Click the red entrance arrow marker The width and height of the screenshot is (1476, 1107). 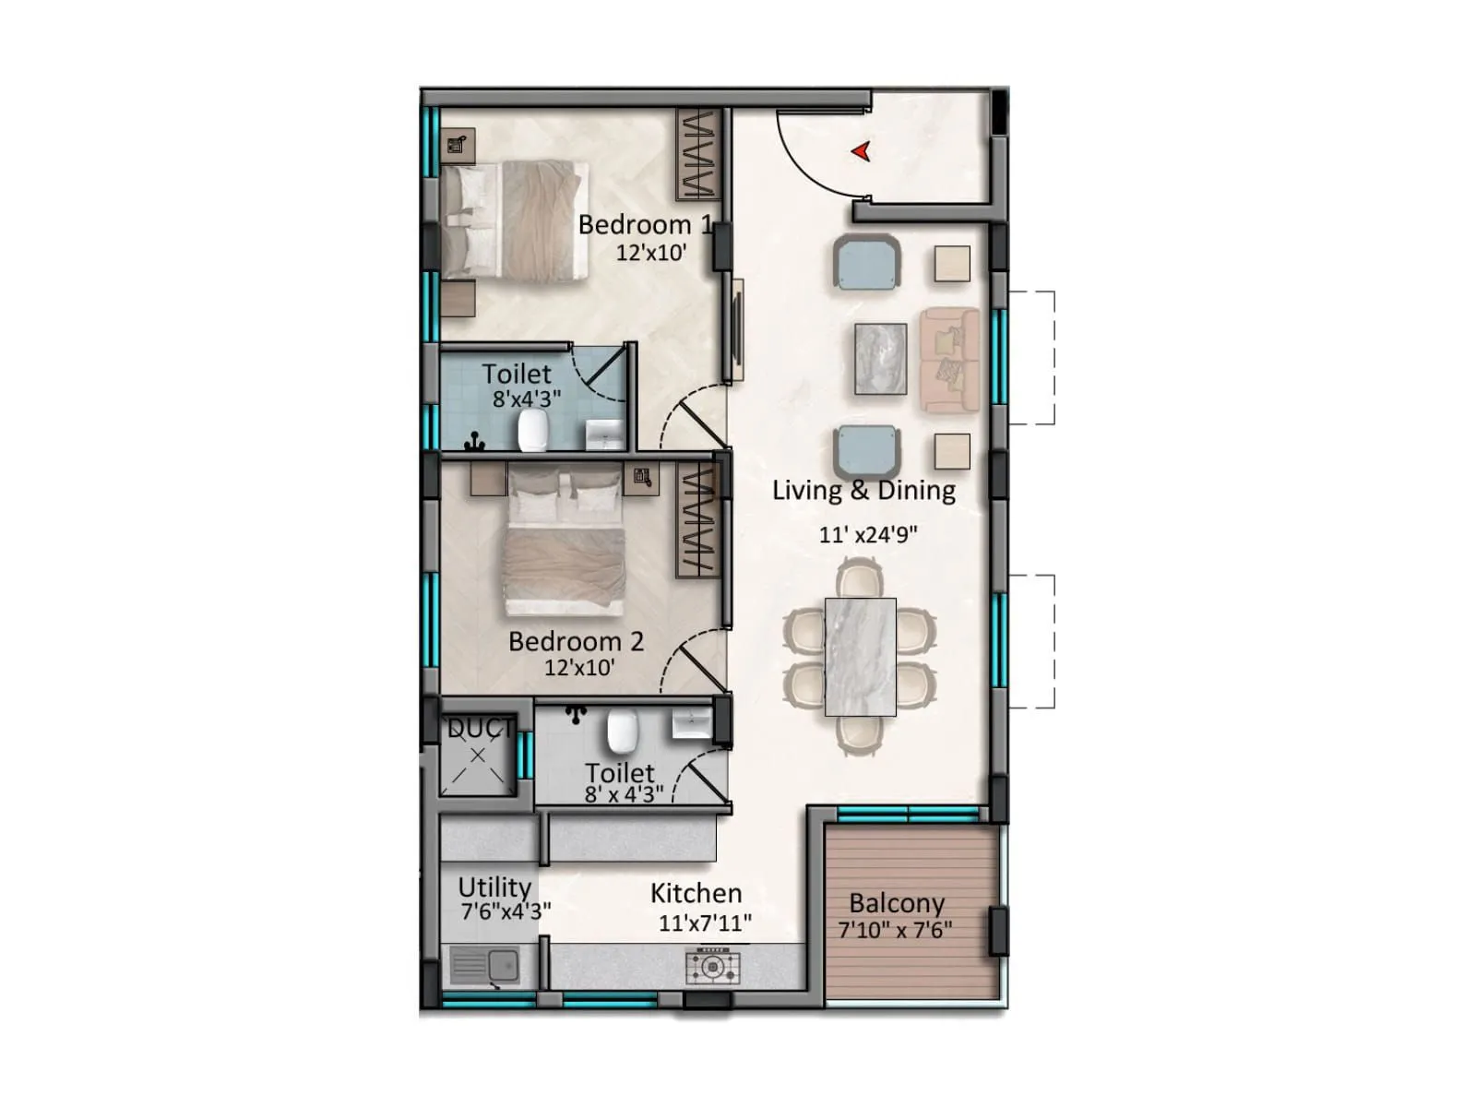[x=862, y=151]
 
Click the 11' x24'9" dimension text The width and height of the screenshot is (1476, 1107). [x=868, y=535]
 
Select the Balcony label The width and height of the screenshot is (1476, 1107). [x=897, y=903]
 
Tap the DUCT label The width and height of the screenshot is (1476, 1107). [x=480, y=729]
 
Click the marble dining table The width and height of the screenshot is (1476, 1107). [x=860, y=657]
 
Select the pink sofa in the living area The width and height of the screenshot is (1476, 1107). [x=949, y=360]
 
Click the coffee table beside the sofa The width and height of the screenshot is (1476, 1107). [x=881, y=359]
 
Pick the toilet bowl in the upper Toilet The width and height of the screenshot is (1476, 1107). [x=533, y=430]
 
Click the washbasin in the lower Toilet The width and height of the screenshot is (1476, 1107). [x=691, y=724]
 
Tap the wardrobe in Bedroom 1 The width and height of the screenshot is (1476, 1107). [x=698, y=154]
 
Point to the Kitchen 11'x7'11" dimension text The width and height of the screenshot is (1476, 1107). [x=705, y=923]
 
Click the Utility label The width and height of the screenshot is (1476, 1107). [x=494, y=887]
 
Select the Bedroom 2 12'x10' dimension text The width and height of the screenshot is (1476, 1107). [x=579, y=668]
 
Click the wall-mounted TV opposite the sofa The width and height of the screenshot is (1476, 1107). [x=737, y=330]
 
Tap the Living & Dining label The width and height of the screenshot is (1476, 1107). [x=863, y=490]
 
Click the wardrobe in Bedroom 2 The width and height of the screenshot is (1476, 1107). [x=697, y=519]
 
